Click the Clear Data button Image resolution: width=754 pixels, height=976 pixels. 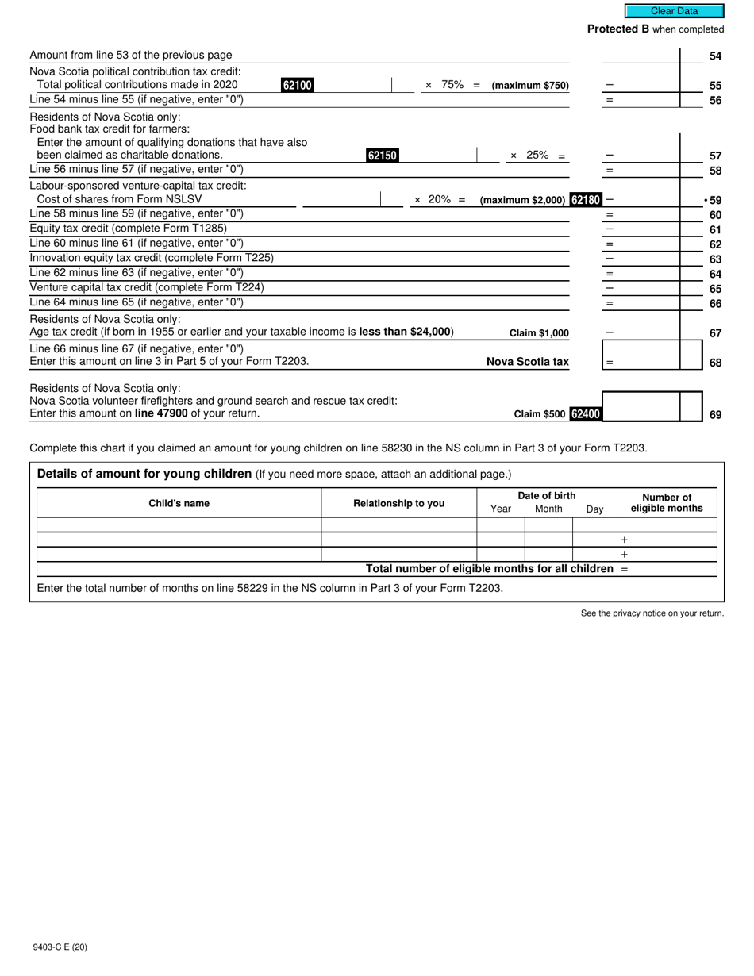coord(674,11)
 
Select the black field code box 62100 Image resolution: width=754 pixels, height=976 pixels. coord(297,85)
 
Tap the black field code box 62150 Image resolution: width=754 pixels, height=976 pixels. coord(382,156)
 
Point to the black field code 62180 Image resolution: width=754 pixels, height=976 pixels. coord(586,200)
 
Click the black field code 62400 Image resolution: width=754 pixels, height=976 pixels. coord(586,413)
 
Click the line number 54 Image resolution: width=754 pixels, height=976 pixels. coord(715,56)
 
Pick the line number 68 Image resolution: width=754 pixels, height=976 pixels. coord(715,363)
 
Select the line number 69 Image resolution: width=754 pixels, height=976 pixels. coord(715,414)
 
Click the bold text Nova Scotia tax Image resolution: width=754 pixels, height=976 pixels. coord(527,362)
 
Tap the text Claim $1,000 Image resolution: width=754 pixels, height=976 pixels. coord(539,333)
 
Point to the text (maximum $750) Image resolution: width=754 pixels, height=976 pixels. coord(530,86)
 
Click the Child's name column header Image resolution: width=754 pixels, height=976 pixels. coord(179,503)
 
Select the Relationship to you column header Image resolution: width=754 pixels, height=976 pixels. coord(398,503)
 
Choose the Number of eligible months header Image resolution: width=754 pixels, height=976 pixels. coord(667,503)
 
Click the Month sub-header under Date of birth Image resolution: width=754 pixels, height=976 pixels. coord(548,509)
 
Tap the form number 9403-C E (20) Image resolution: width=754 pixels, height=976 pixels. coord(60,947)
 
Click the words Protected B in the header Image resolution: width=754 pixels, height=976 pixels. coord(618,29)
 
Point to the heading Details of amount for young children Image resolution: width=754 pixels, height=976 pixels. coord(144,474)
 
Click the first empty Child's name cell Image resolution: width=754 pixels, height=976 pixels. coord(179,525)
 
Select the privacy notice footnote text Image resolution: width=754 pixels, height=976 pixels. coord(652,613)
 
